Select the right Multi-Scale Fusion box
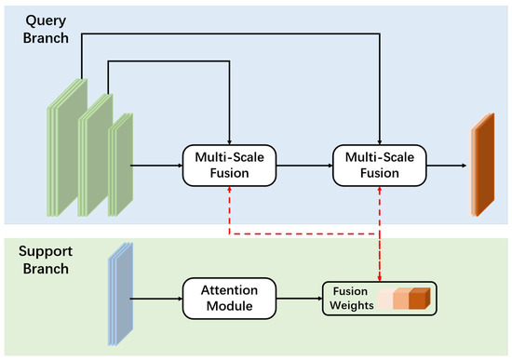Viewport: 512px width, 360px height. click(x=380, y=165)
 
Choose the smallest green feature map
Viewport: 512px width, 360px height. click(x=120, y=165)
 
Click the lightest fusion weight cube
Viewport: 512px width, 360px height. click(x=387, y=299)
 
